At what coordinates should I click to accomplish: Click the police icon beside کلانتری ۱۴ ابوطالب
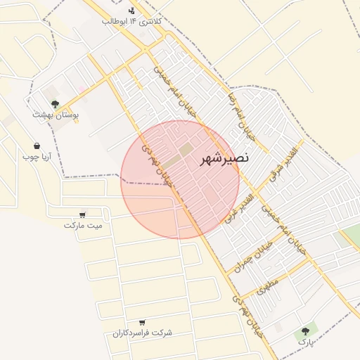click(132, 11)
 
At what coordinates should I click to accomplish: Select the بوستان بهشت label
click(56, 114)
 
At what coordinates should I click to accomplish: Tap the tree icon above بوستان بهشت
click(55, 103)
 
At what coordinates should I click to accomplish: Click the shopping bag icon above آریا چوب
click(37, 146)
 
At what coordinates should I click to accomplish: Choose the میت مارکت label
click(83, 225)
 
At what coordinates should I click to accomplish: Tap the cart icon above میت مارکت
click(83, 214)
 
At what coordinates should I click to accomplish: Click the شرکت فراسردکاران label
click(143, 333)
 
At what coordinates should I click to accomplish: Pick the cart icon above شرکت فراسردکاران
click(143, 322)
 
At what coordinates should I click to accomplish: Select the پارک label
click(304, 341)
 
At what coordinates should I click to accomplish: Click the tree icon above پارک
click(305, 330)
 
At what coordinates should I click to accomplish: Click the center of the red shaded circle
click(180, 179)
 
